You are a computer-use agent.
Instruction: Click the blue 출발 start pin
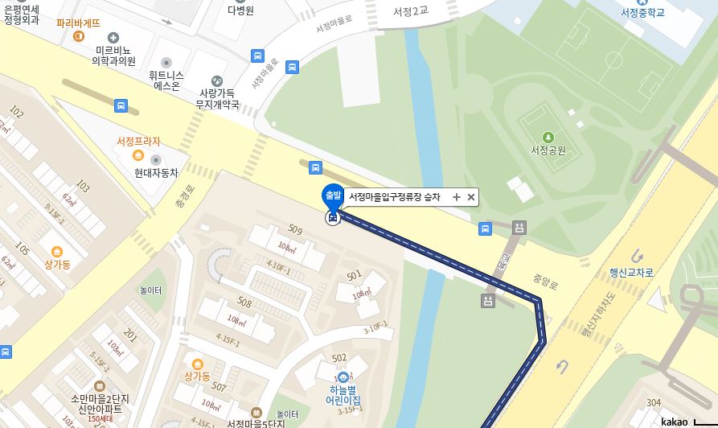(x=331, y=195)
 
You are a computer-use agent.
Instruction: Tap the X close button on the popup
(x=471, y=197)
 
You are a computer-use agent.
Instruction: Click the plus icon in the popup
(x=456, y=197)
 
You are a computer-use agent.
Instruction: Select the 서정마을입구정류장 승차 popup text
(x=394, y=197)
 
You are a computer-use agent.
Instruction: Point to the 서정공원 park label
(x=548, y=150)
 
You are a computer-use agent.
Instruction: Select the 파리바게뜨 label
(x=78, y=23)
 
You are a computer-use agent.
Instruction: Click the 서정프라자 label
(x=138, y=142)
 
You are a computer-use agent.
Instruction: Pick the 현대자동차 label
(x=156, y=172)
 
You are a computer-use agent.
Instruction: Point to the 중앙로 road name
(x=544, y=282)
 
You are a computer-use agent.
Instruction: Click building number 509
(x=294, y=231)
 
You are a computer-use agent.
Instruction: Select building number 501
(x=354, y=277)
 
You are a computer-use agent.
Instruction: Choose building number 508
(x=244, y=303)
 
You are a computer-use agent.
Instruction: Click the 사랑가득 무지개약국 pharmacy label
(x=219, y=98)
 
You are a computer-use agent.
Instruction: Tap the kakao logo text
(x=675, y=422)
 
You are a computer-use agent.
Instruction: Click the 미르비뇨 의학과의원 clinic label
(x=113, y=55)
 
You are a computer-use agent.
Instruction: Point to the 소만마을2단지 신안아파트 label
(x=101, y=404)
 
